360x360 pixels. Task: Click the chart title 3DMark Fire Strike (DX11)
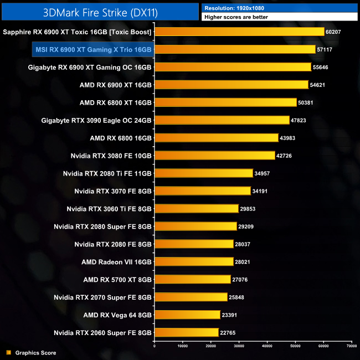(100, 12)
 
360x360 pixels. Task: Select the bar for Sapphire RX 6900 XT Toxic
(239, 32)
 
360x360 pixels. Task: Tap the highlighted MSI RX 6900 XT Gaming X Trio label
(93, 50)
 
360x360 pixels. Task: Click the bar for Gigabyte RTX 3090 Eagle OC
(222, 120)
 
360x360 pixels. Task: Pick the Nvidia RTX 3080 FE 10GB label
(111, 156)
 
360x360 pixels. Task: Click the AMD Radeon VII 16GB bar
(194, 262)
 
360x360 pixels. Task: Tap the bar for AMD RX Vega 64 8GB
(187, 315)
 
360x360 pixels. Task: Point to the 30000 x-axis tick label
(239, 346)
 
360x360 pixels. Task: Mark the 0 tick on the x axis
(155, 346)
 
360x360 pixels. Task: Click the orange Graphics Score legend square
(8, 352)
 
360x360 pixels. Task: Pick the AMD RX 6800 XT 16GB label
(115, 102)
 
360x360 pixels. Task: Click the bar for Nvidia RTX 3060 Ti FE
(197, 209)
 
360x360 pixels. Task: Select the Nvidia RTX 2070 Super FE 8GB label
(102, 297)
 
